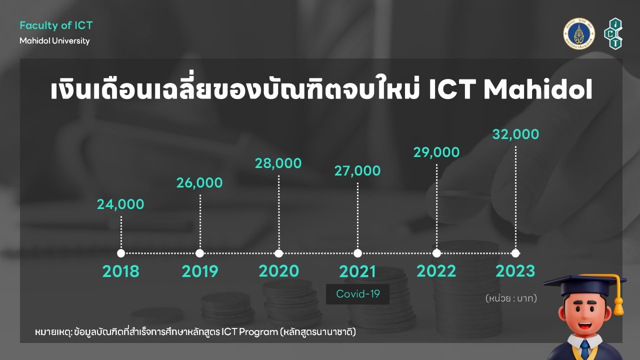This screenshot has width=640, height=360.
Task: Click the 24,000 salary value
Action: [120, 204]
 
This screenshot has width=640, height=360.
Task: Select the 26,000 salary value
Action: [199, 183]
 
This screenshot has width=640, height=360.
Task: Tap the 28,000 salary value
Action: [278, 163]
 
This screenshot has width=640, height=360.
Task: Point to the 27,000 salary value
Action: [357, 171]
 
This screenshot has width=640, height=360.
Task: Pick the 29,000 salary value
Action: [436, 152]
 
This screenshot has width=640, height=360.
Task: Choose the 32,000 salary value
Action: [515, 134]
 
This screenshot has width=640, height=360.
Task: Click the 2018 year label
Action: [121, 271]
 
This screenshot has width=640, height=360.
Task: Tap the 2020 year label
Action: [279, 271]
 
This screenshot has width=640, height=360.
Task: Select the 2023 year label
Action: [515, 271]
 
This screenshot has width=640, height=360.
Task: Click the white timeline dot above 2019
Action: [199, 253]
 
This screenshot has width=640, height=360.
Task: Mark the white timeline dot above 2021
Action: [357, 253]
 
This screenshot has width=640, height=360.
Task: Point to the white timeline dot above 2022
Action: [436, 253]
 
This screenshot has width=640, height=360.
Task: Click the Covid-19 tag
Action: [357, 294]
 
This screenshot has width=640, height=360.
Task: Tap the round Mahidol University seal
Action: [579, 33]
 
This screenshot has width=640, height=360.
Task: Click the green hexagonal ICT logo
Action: [613, 33]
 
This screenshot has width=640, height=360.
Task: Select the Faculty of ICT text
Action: [56, 25]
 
